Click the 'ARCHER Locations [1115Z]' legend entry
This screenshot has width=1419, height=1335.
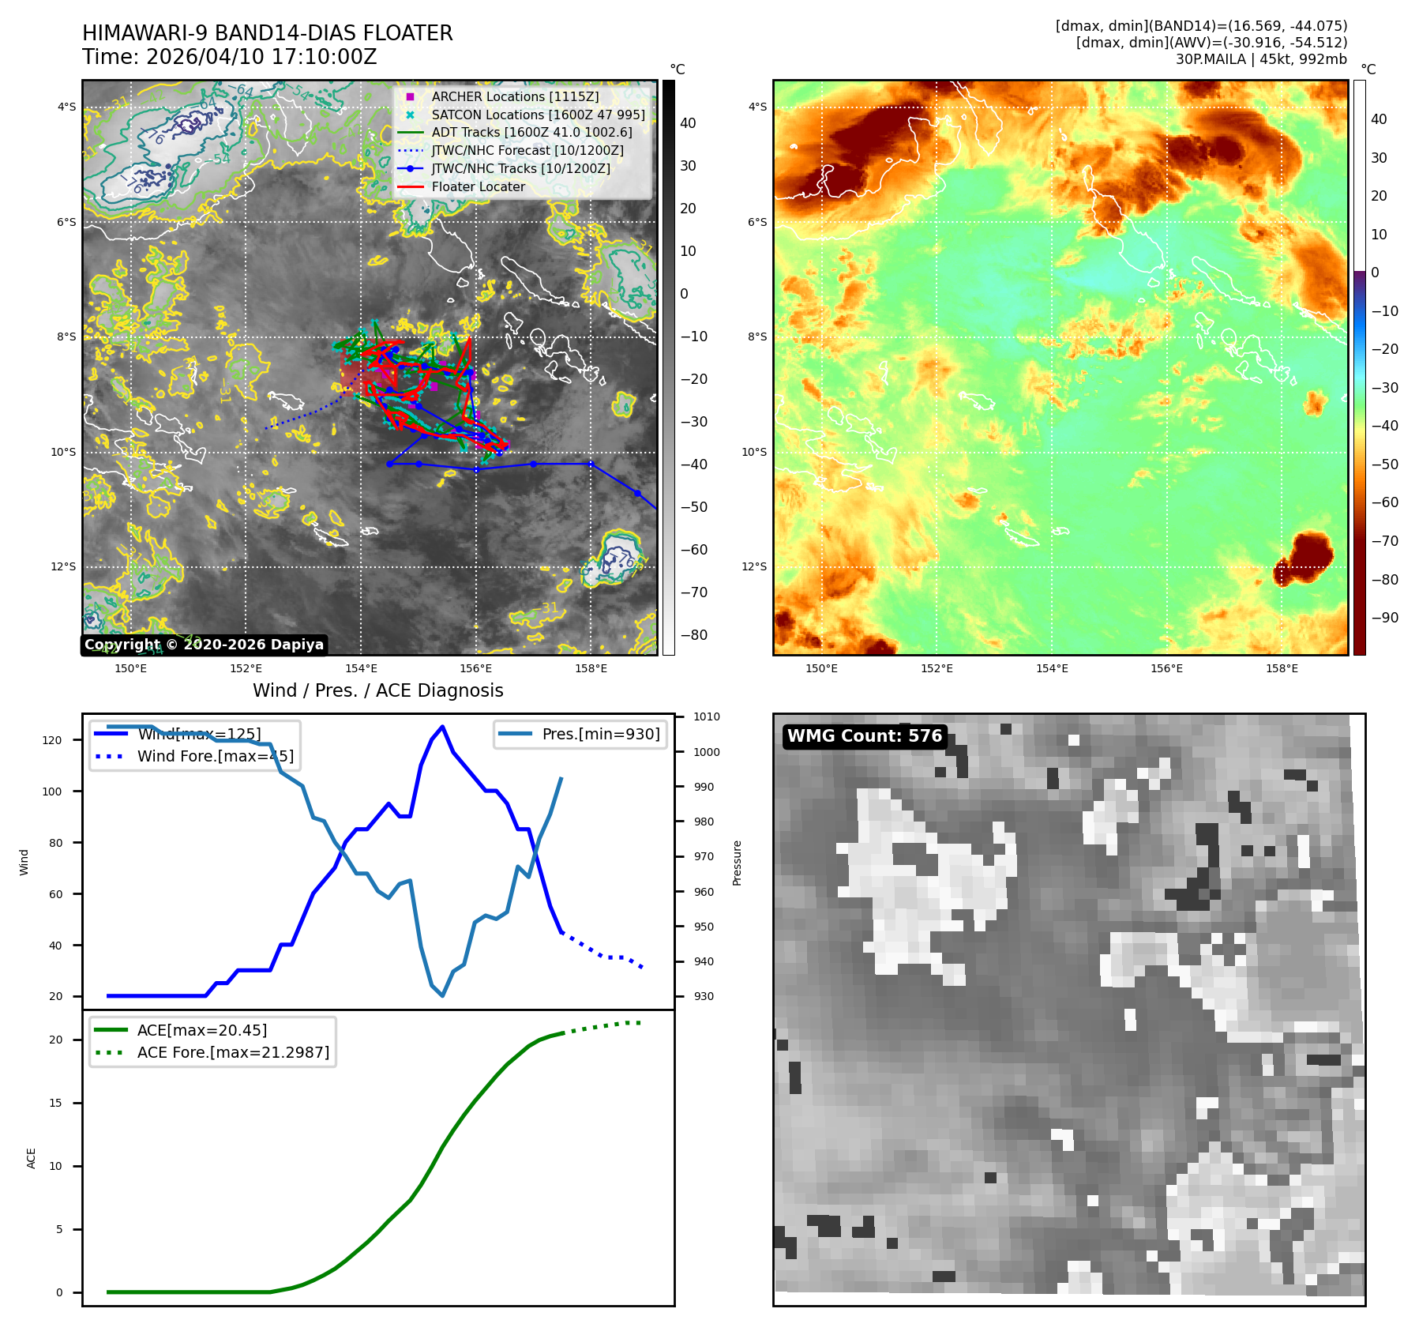(515, 96)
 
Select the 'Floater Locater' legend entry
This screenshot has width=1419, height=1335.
(478, 186)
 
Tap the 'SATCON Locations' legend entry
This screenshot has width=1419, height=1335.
(538, 115)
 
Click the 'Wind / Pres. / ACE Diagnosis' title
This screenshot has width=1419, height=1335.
(377, 690)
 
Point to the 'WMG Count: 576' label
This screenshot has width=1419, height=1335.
(865, 736)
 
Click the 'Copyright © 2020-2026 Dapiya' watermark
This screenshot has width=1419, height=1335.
(204, 645)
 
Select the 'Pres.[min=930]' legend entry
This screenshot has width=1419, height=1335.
(600, 734)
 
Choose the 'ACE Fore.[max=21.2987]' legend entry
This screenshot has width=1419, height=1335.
(233, 1052)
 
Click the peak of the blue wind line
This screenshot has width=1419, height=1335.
(442, 727)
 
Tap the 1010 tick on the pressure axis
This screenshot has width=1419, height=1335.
(707, 717)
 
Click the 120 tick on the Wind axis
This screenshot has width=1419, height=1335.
(52, 740)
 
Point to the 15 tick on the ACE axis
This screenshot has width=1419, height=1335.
(55, 1103)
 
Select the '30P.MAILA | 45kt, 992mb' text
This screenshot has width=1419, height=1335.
(1261, 59)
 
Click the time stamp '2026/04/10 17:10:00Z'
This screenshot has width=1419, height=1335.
(261, 57)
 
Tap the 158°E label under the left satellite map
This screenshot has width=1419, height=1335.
(591, 668)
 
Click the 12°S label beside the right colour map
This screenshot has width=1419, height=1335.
(756, 566)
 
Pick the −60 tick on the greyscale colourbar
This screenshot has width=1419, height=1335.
(694, 550)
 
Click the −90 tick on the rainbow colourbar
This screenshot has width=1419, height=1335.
(1384, 618)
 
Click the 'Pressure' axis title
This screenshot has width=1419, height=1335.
(737, 863)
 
